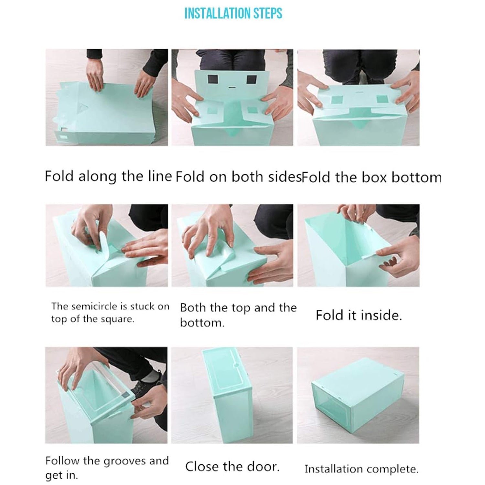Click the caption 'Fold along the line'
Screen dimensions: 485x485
tap(108, 176)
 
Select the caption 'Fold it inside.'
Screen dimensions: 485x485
tap(359, 315)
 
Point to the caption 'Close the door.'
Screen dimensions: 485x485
tap(232, 467)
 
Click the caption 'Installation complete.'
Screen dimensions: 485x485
tap(361, 469)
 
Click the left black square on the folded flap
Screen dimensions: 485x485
tap(213, 79)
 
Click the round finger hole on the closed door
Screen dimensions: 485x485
tap(236, 364)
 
